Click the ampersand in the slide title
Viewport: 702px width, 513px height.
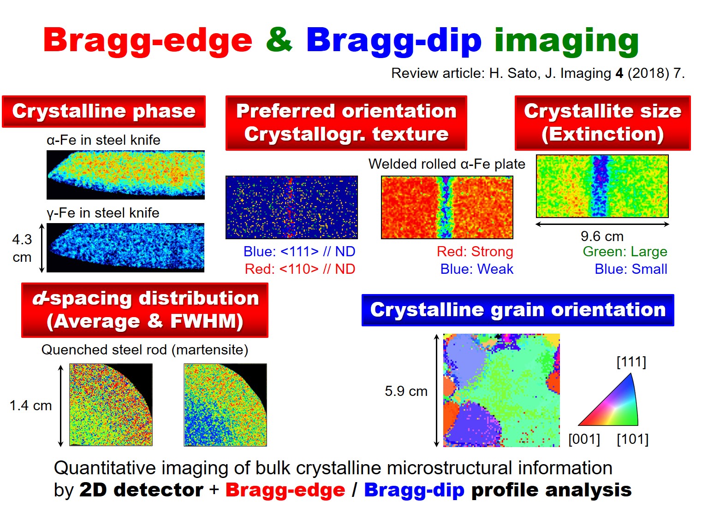click(x=279, y=40)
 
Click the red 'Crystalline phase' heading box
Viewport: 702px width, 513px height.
click(x=104, y=112)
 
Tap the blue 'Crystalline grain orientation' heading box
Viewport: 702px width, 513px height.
click(x=518, y=310)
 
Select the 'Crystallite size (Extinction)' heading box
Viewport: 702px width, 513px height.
click(x=602, y=123)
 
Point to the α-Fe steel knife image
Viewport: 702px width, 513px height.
click(x=125, y=175)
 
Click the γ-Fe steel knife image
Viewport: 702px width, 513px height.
click(x=125, y=248)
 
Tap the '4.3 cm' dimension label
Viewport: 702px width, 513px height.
click(x=22, y=248)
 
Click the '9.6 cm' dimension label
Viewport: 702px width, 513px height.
click(x=602, y=236)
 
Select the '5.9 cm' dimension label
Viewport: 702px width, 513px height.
click(x=406, y=391)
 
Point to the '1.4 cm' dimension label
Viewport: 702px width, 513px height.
click(x=31, y=406)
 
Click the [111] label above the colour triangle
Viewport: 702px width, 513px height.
click(x=631, y=362)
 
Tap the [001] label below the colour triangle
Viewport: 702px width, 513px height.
click(x=584, y=439)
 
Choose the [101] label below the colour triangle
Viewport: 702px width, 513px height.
click(x=632, y=439)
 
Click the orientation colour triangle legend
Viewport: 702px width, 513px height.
click(x=614, y=404)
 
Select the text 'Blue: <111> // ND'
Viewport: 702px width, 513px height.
click(x=299, y=252)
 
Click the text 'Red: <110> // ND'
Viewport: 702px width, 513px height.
click(x=300, y=269)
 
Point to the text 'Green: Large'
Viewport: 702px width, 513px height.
click(x=625, y=252)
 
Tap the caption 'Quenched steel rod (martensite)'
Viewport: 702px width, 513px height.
click(x=145, y=350)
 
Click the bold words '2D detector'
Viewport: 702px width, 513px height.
click(x=141, y=490)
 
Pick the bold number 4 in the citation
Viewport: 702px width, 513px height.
click(x=619, y=73)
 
